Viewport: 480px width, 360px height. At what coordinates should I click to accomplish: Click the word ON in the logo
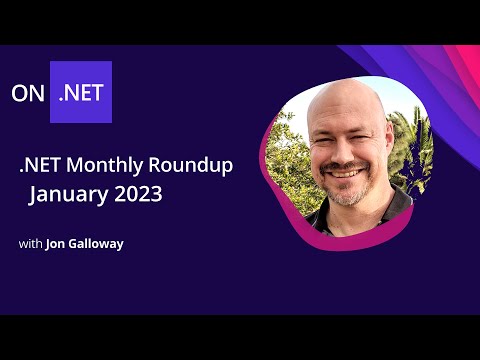click(29, 93)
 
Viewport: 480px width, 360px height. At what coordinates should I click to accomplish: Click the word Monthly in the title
click(110, 166)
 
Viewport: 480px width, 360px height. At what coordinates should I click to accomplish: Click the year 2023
click(137, 194)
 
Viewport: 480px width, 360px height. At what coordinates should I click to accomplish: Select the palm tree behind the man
click(412, 140)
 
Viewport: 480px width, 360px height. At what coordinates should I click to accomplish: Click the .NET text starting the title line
click(36, 166)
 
